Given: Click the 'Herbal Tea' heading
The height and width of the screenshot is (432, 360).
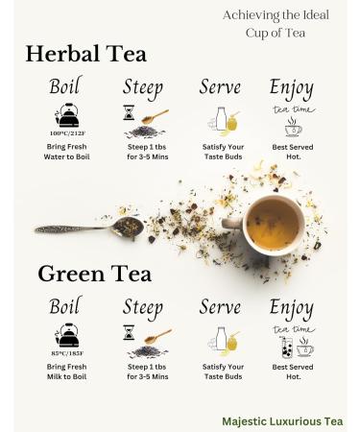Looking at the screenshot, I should [x=84, y=55].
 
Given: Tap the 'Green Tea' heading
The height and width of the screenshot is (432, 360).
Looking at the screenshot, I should [x=94, y=274].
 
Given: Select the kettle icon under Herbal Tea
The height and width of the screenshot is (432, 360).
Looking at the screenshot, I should [x=67, y=116].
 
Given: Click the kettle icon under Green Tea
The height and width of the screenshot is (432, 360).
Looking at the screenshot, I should [x=67, y=335].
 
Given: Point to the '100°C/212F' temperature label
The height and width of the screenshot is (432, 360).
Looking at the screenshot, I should [x=67, y=133].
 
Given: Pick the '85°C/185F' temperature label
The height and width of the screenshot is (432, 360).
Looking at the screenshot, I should [x=67, y=351].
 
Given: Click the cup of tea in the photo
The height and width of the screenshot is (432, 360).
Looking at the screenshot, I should [x=273, y=223].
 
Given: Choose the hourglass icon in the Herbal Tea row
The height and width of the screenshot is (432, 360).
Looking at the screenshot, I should [x=128, y=113].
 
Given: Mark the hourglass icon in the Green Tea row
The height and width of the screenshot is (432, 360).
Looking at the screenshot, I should [x=128, y=332].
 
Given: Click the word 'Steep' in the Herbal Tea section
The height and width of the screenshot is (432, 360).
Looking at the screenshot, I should [x=142, y=87].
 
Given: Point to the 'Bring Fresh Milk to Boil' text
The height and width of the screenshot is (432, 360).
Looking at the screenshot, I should [x=67, y=373].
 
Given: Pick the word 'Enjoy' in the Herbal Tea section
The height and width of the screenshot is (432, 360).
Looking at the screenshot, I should [x=291, y=87].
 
